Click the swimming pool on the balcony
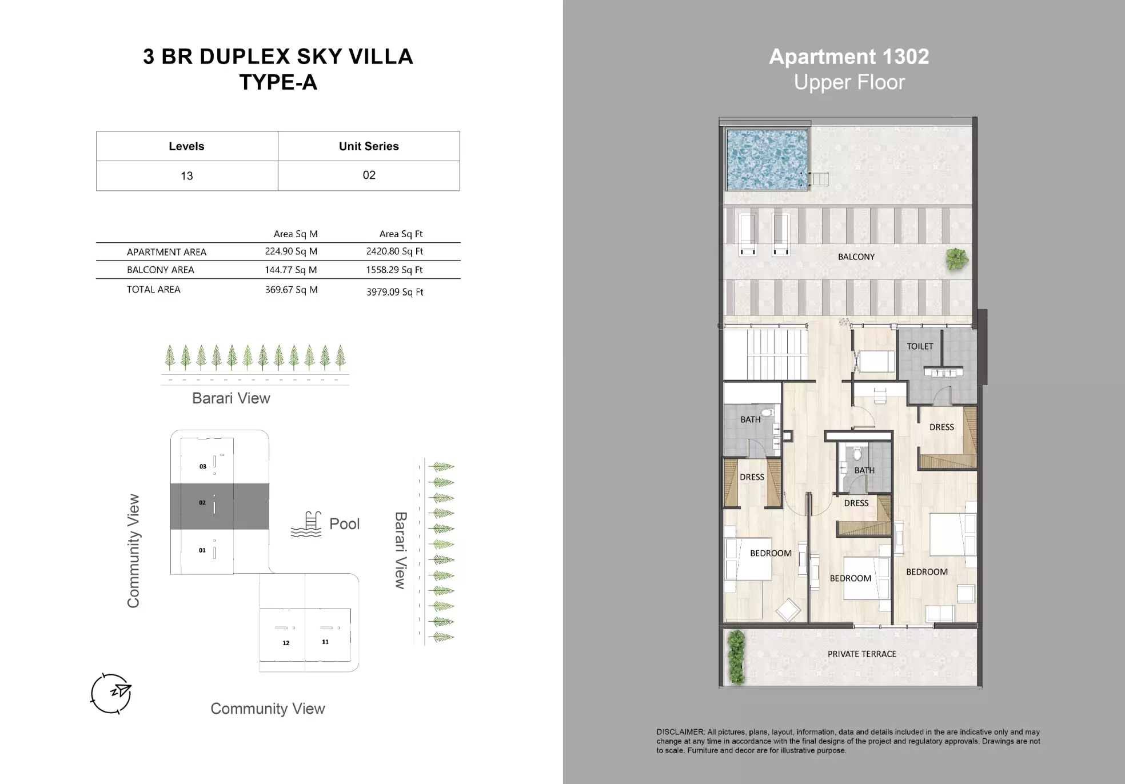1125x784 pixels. [767, 159]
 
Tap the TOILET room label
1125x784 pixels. [920, 346]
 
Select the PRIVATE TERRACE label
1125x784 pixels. [862, 654]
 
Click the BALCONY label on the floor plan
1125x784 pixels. [856, 257]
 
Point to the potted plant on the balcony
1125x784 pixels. [957, 259]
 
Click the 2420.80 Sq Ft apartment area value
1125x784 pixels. [394, 251]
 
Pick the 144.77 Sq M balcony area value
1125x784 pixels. [291, 270]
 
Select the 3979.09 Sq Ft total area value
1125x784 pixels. [395, 292]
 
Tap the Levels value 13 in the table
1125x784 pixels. [187, 176]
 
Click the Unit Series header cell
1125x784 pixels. [369, 146]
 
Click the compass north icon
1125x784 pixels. [111, 693]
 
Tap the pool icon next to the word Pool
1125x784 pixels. [306, 524]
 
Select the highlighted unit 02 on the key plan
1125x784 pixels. [220, 506]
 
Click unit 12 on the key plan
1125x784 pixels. [282, 634]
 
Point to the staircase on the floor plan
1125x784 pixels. [766, 355]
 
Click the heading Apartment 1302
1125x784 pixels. [849, 57]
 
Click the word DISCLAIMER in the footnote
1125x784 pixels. [680, 732]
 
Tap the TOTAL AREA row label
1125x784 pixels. [153, 290]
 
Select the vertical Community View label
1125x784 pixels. [133, 551]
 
